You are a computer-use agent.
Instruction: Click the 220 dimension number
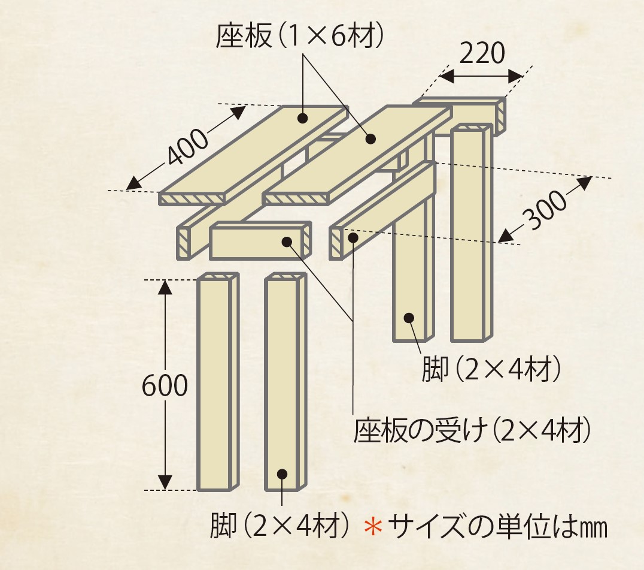pos(482,53)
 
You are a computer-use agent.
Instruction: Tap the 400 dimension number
pos(187,147)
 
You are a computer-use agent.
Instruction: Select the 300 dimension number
pos(545,210)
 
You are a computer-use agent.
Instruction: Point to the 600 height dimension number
pos(165,386)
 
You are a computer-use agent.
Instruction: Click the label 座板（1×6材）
pos(300,36)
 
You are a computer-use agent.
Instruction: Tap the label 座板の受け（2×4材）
pos(473,430)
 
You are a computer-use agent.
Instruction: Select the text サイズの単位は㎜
pos(497,526)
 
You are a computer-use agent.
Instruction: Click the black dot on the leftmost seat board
pos(303,119)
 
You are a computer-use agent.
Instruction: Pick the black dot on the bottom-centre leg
pos(282,474)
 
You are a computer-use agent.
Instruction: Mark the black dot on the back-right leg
pos(409,318)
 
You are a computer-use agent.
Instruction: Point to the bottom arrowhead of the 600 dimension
pos(165,482)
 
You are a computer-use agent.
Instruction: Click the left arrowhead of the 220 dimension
pos(446,76)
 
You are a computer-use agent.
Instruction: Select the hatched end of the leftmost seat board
pos(192,198)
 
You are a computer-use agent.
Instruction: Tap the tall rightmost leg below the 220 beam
pos(471,233)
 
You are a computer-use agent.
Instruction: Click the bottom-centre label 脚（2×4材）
pos(281,525)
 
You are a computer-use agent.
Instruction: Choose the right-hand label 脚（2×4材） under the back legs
pos(491,369)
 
